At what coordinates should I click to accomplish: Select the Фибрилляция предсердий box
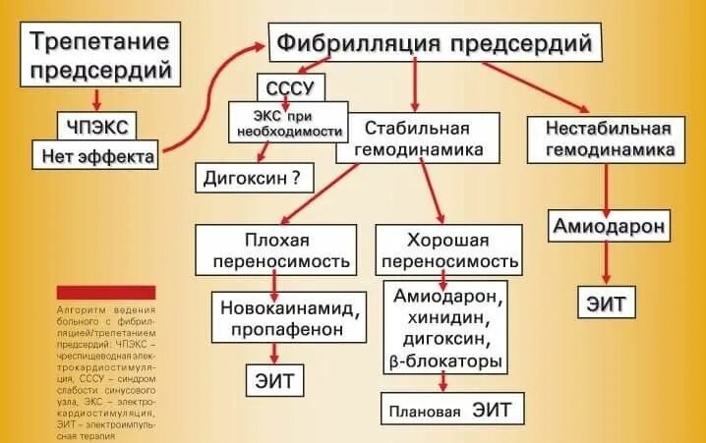(x=435, y=44)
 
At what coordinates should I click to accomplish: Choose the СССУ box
(x=289, y=88)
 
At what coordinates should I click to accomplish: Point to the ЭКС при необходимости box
(x=289, y=122)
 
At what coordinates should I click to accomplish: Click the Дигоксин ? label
(x=252, y=179)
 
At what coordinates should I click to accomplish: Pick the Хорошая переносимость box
(x=449, y=250)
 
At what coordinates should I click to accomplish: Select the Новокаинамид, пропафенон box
(x=287, y=315)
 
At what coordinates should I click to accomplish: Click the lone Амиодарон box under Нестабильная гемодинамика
(x=609, y=227)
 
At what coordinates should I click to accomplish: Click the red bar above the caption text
(x=105, y=292)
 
